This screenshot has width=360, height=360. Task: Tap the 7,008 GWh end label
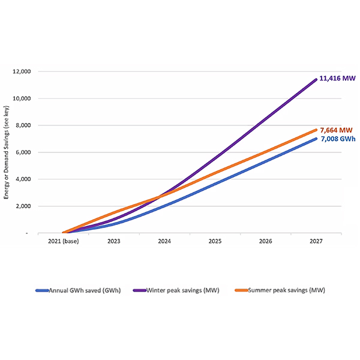tap(336, 139)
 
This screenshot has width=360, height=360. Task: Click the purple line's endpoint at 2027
tap(316, 79)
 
